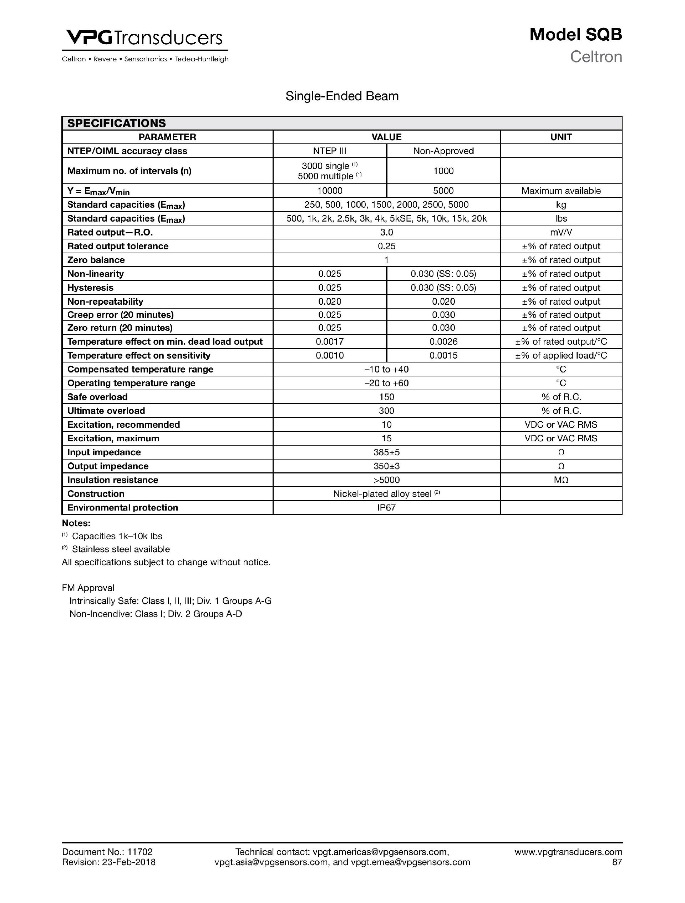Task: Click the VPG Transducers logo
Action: click(x=144, y=39)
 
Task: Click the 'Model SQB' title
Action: click(x=575, y=35)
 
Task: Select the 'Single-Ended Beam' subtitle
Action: click(x=342, y=96)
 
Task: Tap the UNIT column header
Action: click(x=561, y=137)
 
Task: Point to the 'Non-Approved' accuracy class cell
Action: click(x=443, y=151)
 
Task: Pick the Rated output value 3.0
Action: click(x=386, y=233)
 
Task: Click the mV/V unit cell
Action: click(x=561, y=233)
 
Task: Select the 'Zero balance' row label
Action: click(x=96, y=260)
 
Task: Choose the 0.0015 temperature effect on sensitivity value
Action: click(x=443, y=356)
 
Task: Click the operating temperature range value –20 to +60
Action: click(x=386, y=383)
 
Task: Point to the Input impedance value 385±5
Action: click(x=386, y=452)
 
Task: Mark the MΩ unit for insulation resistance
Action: click(x=561, y=480)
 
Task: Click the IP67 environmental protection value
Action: click(x=386, y=508)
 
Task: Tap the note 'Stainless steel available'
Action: click(x=121, y=549)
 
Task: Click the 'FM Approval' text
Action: click(x=88, y=588)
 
